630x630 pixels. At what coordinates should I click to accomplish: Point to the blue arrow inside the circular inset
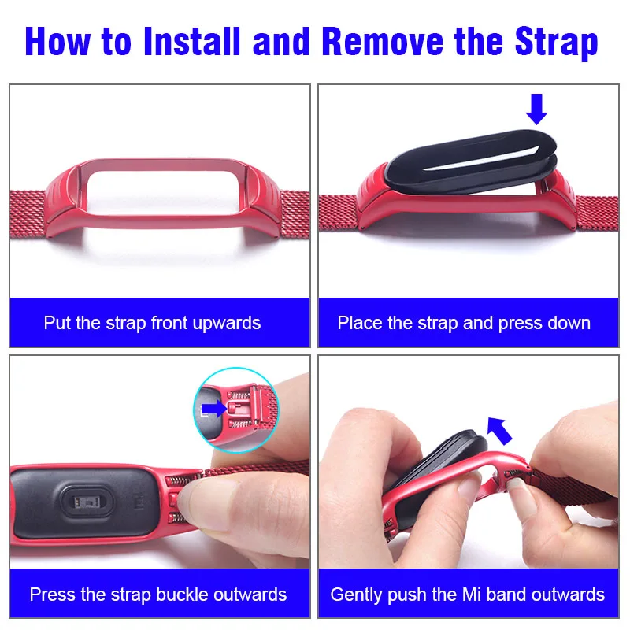click(x=213, y=409)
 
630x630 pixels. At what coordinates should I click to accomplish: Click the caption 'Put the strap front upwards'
click(x=152, y=323)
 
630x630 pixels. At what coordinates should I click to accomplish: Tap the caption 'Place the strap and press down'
click(x=464, y=323)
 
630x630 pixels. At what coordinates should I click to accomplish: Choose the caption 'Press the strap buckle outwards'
click(x=158, y=595)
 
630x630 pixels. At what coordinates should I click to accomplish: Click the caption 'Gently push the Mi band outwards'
click(x=468, y=595)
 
